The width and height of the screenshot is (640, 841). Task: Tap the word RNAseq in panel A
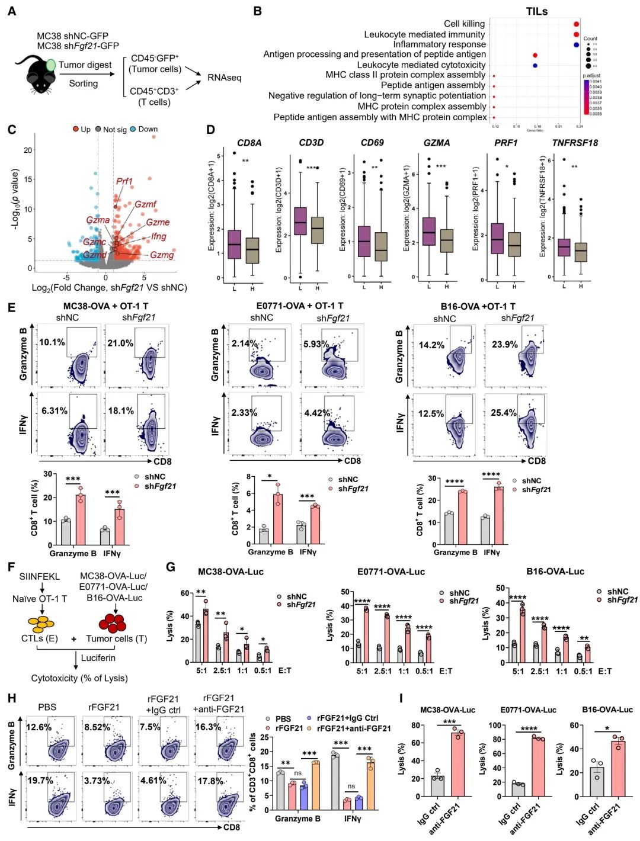click(224, 78)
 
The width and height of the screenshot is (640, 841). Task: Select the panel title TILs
click(536, 11)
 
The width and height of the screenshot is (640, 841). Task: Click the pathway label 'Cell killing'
click(464, 24)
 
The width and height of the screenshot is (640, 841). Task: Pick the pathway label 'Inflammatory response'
click(439, 44)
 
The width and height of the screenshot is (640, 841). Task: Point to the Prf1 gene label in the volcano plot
click(124, 181)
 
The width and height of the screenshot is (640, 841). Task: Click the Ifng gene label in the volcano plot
click(158, 236)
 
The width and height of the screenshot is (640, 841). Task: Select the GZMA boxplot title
click(436, 143)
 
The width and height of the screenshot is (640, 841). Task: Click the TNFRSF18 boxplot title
click(575, 143)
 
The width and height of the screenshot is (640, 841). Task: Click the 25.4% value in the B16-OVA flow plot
click(503, 413)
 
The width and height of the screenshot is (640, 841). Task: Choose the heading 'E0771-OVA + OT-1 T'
click(299, 306)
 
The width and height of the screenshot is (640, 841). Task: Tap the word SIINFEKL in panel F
click(40, 576)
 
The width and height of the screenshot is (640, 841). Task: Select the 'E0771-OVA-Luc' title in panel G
click(391, 572)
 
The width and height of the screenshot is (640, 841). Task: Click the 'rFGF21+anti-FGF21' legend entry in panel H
click(354, 728)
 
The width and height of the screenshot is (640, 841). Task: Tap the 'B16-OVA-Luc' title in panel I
click(607, 710)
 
